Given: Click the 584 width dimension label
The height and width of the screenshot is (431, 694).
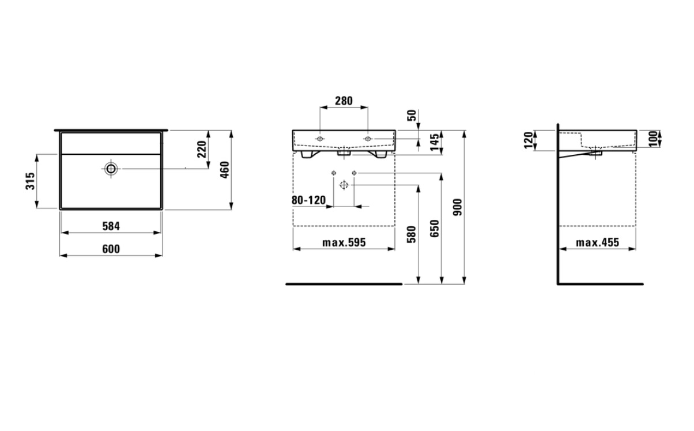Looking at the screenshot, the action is [111, 226].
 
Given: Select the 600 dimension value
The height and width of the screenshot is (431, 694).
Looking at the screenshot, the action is [111, 249].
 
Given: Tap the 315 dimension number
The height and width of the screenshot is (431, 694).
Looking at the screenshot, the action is [31, 181].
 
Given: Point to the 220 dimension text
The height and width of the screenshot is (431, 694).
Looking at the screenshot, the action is [202, 149].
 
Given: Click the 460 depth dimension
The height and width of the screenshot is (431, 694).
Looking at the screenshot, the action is [224, 170].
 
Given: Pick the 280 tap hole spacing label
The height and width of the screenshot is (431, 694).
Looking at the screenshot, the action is [344, 101].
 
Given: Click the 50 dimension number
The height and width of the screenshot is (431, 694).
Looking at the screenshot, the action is [412, 116].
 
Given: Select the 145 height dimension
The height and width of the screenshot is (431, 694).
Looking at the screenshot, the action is [435, 142].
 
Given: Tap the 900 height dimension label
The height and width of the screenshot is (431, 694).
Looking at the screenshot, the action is [457, 207].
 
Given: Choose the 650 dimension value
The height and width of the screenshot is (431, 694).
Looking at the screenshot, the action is [435, 228].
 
